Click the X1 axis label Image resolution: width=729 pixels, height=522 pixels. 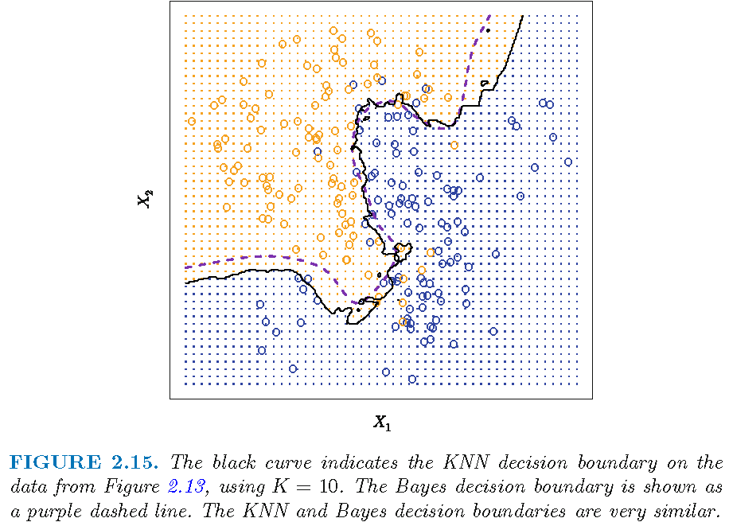(x=382, y=423)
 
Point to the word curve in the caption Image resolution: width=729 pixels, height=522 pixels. (x=280, y=463)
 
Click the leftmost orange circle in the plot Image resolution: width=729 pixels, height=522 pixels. (x=191, y=122)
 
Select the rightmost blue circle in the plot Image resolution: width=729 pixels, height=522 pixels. (x=568, y=162)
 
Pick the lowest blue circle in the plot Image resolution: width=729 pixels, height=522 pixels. (x=412, y=379)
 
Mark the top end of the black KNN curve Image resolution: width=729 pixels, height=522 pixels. (x=523, y=15)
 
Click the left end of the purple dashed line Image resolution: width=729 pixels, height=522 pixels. (x=185, y=267)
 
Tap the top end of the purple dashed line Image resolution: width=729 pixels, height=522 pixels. (x=489, y=15)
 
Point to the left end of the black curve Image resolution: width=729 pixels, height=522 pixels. (x=185, y=282)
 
